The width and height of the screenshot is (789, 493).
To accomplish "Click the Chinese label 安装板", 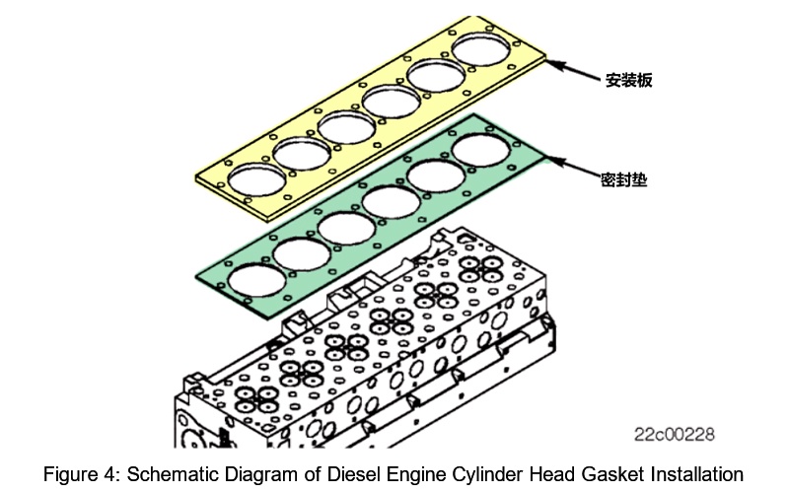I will (x=628, y=79).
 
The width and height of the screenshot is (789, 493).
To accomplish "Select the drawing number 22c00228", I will (x=674, y=434).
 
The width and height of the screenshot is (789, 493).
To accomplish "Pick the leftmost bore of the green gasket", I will (x=255, y=279).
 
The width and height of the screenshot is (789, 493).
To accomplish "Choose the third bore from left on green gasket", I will (x=345, y=227).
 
